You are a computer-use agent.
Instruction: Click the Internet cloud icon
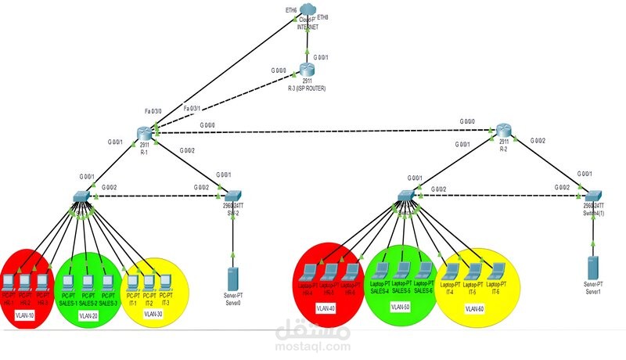[x=307, y=13]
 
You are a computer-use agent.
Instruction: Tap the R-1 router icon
[x=144, y=132]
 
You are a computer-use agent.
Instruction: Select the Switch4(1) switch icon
[x=594, y=194]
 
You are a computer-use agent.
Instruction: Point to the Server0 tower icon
[x=232, y=279]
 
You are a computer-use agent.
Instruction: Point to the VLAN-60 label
[x=473, y=308]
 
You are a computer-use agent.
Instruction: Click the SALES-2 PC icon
[x=88, y=279]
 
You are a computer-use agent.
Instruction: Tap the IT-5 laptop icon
[x=473, y=270]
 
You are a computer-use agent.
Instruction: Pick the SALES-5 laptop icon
[x=402, y=270]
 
